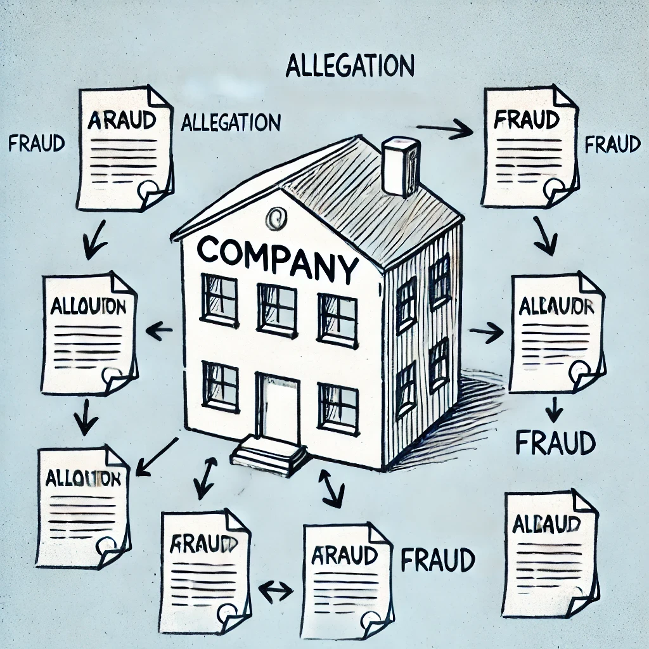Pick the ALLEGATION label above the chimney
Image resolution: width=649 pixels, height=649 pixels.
350,65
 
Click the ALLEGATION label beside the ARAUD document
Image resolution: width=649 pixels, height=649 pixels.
231,122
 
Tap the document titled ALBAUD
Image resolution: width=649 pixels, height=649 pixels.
550,554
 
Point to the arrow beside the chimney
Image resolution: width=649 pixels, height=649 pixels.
445,131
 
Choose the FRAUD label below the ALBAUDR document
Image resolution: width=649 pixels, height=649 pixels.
555,443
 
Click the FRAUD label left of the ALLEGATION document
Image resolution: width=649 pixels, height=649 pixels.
37,143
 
